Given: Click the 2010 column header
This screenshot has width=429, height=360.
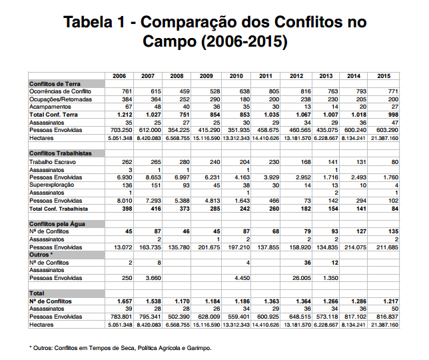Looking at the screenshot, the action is (236, 76).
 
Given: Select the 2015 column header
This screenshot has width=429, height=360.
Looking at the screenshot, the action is (384, 76).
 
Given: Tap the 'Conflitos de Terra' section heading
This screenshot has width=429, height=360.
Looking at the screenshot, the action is (55, 84).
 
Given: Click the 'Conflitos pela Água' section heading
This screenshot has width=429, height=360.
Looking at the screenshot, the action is (57, 224).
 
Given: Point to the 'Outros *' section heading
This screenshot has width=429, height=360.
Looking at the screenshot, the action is (41, 255).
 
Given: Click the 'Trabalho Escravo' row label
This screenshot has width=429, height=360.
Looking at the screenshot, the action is (53, 162).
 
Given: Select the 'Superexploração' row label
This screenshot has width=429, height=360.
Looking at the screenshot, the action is (51, 185).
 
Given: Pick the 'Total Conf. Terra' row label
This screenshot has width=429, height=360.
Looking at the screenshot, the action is (53, 115).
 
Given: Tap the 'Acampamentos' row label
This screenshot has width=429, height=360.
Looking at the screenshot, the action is (50, 107).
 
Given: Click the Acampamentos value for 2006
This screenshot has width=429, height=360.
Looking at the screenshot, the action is (129, 107).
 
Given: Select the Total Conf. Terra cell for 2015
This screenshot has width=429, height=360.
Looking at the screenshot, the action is (393, 115).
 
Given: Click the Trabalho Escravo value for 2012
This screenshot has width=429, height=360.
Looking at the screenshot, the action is (306, 162).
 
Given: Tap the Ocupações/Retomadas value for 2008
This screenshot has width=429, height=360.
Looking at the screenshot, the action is (185, 99).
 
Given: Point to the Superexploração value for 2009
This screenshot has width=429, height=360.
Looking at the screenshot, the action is (216, 185).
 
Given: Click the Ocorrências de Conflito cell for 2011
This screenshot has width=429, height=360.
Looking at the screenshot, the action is (274, 91).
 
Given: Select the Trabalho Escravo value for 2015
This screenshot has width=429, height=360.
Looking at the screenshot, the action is (395, 162).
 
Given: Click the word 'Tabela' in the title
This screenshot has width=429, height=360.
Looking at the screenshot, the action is (88, 22).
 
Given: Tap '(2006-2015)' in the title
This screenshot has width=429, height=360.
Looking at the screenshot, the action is (244, 41).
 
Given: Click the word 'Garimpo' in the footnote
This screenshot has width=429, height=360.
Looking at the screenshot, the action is (199, 348).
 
